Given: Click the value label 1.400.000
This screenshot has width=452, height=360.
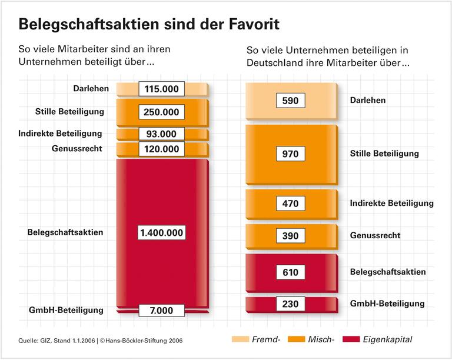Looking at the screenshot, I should pos(162,232).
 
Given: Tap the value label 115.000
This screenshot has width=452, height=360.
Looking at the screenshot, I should pos(162,89).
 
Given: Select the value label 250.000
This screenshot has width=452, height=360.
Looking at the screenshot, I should pos(162,112).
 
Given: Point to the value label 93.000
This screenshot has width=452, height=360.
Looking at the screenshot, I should pos(162,134).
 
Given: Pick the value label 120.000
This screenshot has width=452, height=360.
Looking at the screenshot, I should pos(162,149).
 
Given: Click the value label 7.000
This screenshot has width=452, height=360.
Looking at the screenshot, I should pos(162,310).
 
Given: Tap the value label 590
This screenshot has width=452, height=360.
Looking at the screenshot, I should pos(291,101).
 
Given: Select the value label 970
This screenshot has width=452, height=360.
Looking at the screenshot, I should pos(291,154).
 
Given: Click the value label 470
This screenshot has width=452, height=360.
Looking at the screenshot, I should pos(291,204).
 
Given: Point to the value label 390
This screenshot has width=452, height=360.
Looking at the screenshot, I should pos(291,236).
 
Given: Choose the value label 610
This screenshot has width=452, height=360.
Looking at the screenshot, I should pos(291,272).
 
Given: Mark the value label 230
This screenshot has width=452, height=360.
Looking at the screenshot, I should pos(291,304).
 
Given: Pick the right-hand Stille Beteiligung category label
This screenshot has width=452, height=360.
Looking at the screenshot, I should pos(384,154).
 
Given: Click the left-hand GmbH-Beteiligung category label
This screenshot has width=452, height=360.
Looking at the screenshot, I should pos(67,310).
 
